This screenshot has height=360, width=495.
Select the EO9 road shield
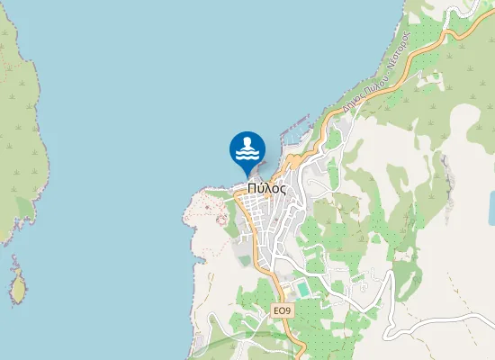283,310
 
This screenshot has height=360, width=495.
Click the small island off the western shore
17,288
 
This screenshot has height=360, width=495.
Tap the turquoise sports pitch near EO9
302,288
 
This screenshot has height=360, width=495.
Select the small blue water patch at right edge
490,208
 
